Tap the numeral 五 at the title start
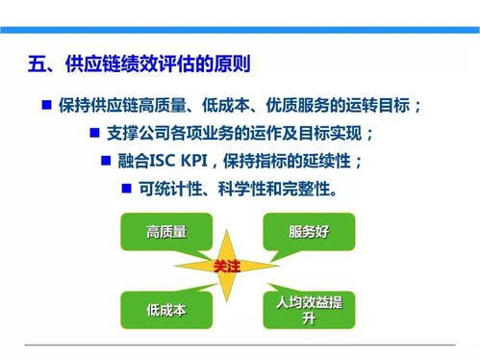pos(38,66)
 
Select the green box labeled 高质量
pos(165,231)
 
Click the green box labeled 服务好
pos(309,231)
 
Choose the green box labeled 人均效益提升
pos(309,310)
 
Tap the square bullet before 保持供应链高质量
pos(46,103)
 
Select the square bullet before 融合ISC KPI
pos(107,160)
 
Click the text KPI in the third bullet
pos(203,161)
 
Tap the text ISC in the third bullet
pos(170,161)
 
